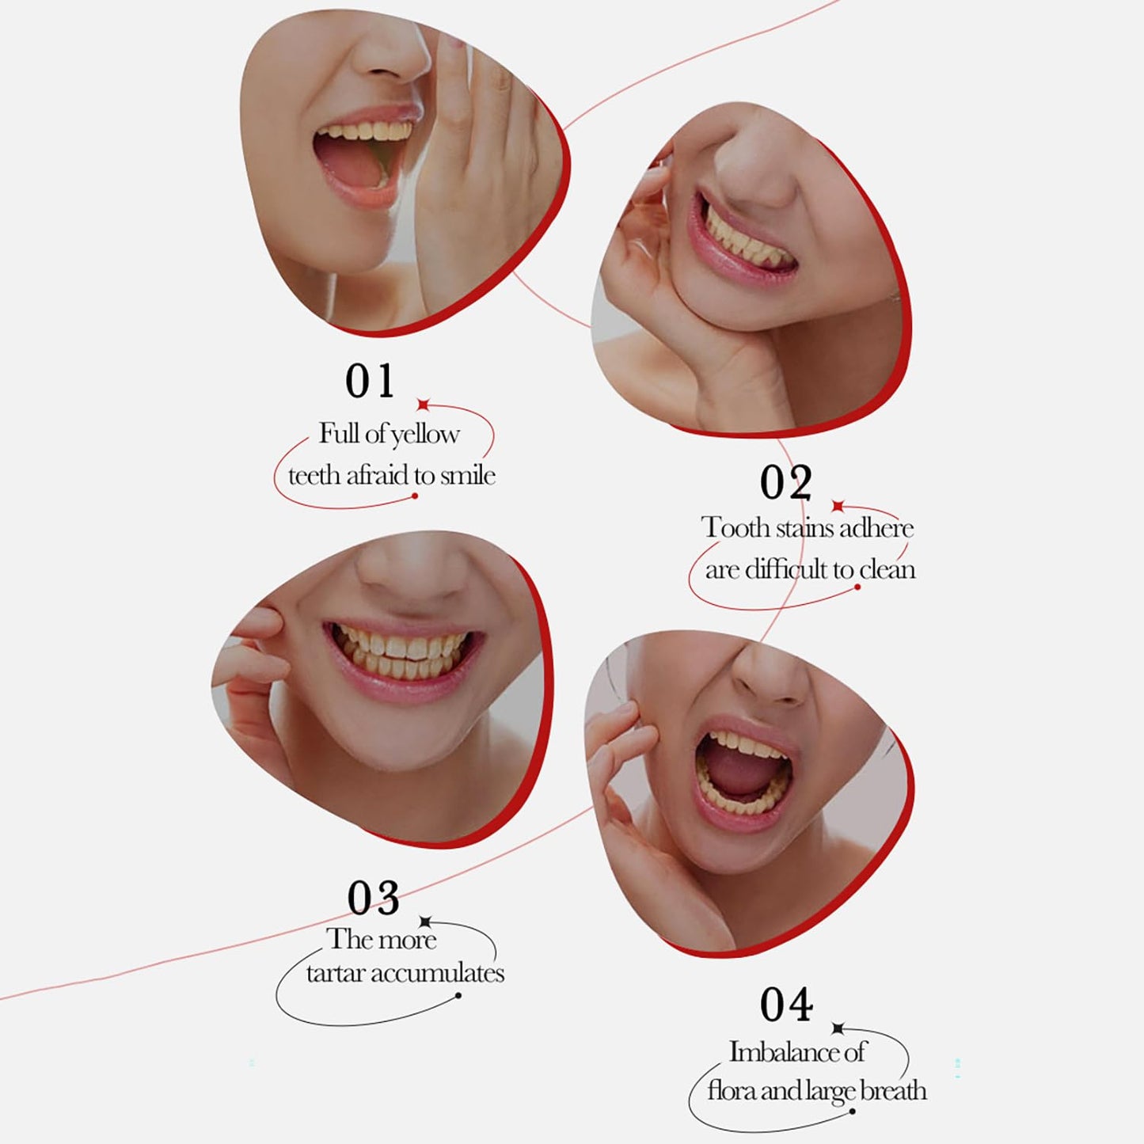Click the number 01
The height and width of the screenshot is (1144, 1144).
370,381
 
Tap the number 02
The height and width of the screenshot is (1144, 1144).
785,482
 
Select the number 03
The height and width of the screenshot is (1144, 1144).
374,898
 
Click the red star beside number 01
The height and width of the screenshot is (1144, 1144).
423,405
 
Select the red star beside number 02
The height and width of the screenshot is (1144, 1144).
838,506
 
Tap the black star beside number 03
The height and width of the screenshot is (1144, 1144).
425,922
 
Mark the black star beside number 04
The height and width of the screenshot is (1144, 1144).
838,1028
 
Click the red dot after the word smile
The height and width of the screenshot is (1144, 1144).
414,496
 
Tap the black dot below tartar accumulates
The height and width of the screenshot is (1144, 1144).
458,996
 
